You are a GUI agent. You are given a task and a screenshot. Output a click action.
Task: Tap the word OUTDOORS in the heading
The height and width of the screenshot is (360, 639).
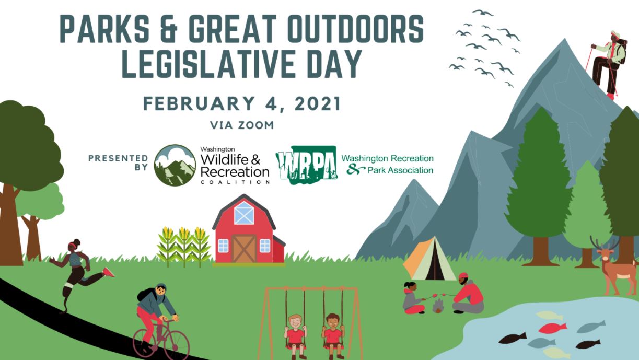[356, 29]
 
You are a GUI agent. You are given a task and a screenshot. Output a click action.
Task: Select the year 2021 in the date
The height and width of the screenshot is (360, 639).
[318, 103]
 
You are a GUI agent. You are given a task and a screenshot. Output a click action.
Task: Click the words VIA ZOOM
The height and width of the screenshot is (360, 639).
[242, 125]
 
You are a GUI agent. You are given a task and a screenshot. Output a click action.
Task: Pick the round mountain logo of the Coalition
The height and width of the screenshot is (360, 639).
[175, 165]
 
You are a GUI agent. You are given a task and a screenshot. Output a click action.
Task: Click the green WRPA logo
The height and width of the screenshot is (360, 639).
[307, 165]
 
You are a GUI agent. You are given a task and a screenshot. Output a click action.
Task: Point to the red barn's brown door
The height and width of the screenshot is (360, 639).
[244, 248]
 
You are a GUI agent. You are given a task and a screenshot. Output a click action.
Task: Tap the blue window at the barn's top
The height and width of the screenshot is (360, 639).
[244, 213]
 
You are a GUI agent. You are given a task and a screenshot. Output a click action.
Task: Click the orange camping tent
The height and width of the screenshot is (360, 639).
[429, 260]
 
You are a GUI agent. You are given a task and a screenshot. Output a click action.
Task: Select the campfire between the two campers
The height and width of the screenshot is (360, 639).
[438, 306]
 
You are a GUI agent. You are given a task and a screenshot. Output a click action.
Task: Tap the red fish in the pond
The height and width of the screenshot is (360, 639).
[553, 328]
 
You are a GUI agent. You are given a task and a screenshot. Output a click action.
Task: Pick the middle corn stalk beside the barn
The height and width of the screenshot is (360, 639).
[184, 246]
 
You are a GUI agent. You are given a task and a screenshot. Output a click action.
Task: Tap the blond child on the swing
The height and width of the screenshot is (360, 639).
[295, 336]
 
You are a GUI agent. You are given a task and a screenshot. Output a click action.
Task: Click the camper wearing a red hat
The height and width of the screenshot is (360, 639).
[468, 293]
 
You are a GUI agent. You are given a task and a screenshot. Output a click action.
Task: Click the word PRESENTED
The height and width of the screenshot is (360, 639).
[118, 158]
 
